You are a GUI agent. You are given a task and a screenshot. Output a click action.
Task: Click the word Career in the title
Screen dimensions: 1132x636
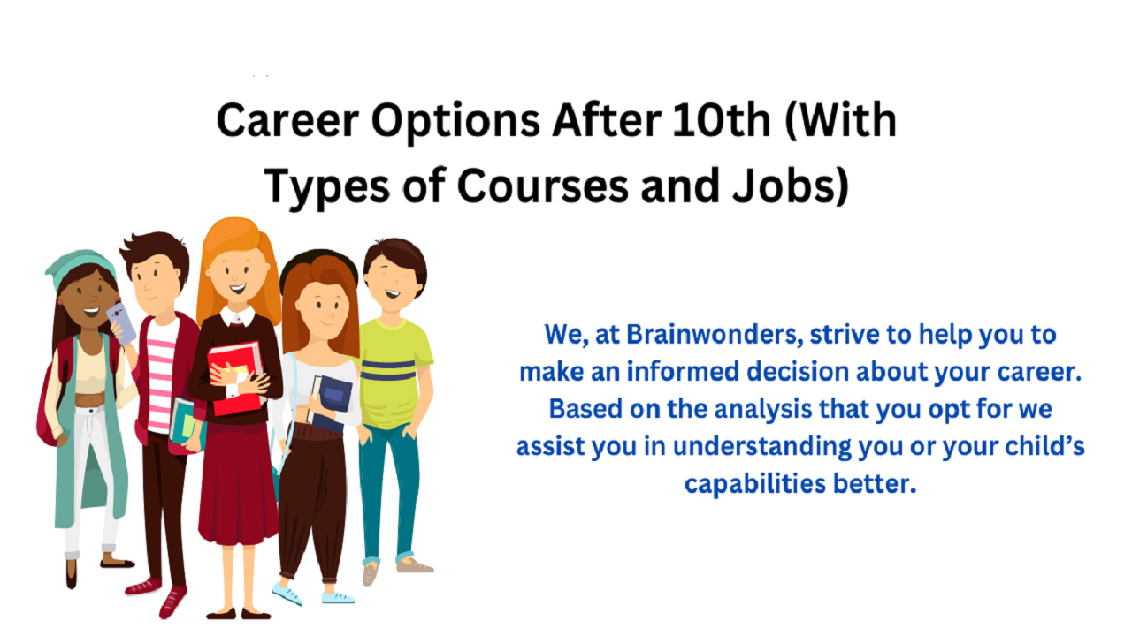tap(287, 120)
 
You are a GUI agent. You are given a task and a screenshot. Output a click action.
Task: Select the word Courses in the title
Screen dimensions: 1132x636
tap(543, 185)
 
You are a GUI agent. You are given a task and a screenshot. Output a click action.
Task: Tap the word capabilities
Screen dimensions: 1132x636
tap(755, 484)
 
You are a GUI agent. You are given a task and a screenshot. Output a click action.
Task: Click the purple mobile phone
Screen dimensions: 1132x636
tap(121, 323)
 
